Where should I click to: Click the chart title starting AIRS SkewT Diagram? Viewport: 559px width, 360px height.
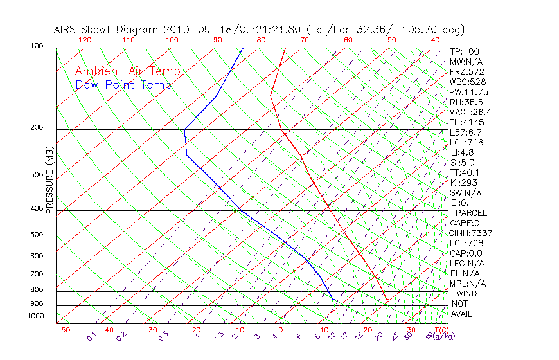pos(259,30)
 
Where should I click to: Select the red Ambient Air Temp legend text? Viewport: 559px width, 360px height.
pos(127,71)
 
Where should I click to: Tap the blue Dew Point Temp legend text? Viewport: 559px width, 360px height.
pos(123,85)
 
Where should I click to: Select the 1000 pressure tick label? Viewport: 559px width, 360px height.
pos(36,316)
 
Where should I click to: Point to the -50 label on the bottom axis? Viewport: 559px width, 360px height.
pos(62,330)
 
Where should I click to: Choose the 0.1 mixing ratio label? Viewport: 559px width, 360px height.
pos(92,336)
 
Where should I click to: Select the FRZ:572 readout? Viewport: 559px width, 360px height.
pos(467,71)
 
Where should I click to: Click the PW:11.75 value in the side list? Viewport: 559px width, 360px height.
pos(469,92)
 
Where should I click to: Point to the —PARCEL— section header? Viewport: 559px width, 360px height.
pos(471,213)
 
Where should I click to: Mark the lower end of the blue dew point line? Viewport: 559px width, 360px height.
pos(333,299)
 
